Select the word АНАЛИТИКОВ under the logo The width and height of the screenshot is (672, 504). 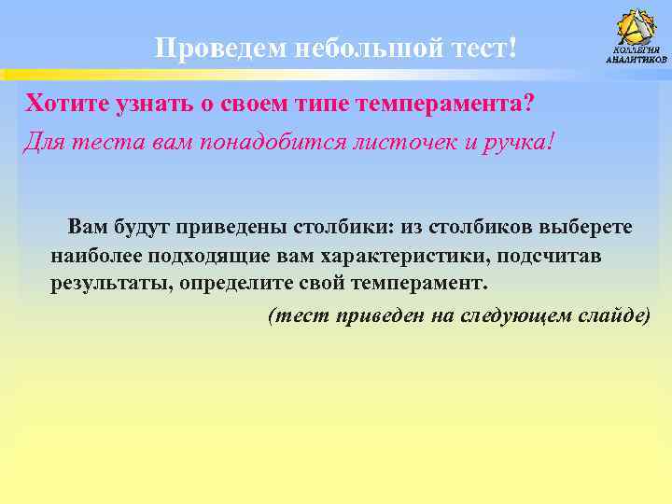pos(637,60)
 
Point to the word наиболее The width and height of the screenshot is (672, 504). pos(96,255)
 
